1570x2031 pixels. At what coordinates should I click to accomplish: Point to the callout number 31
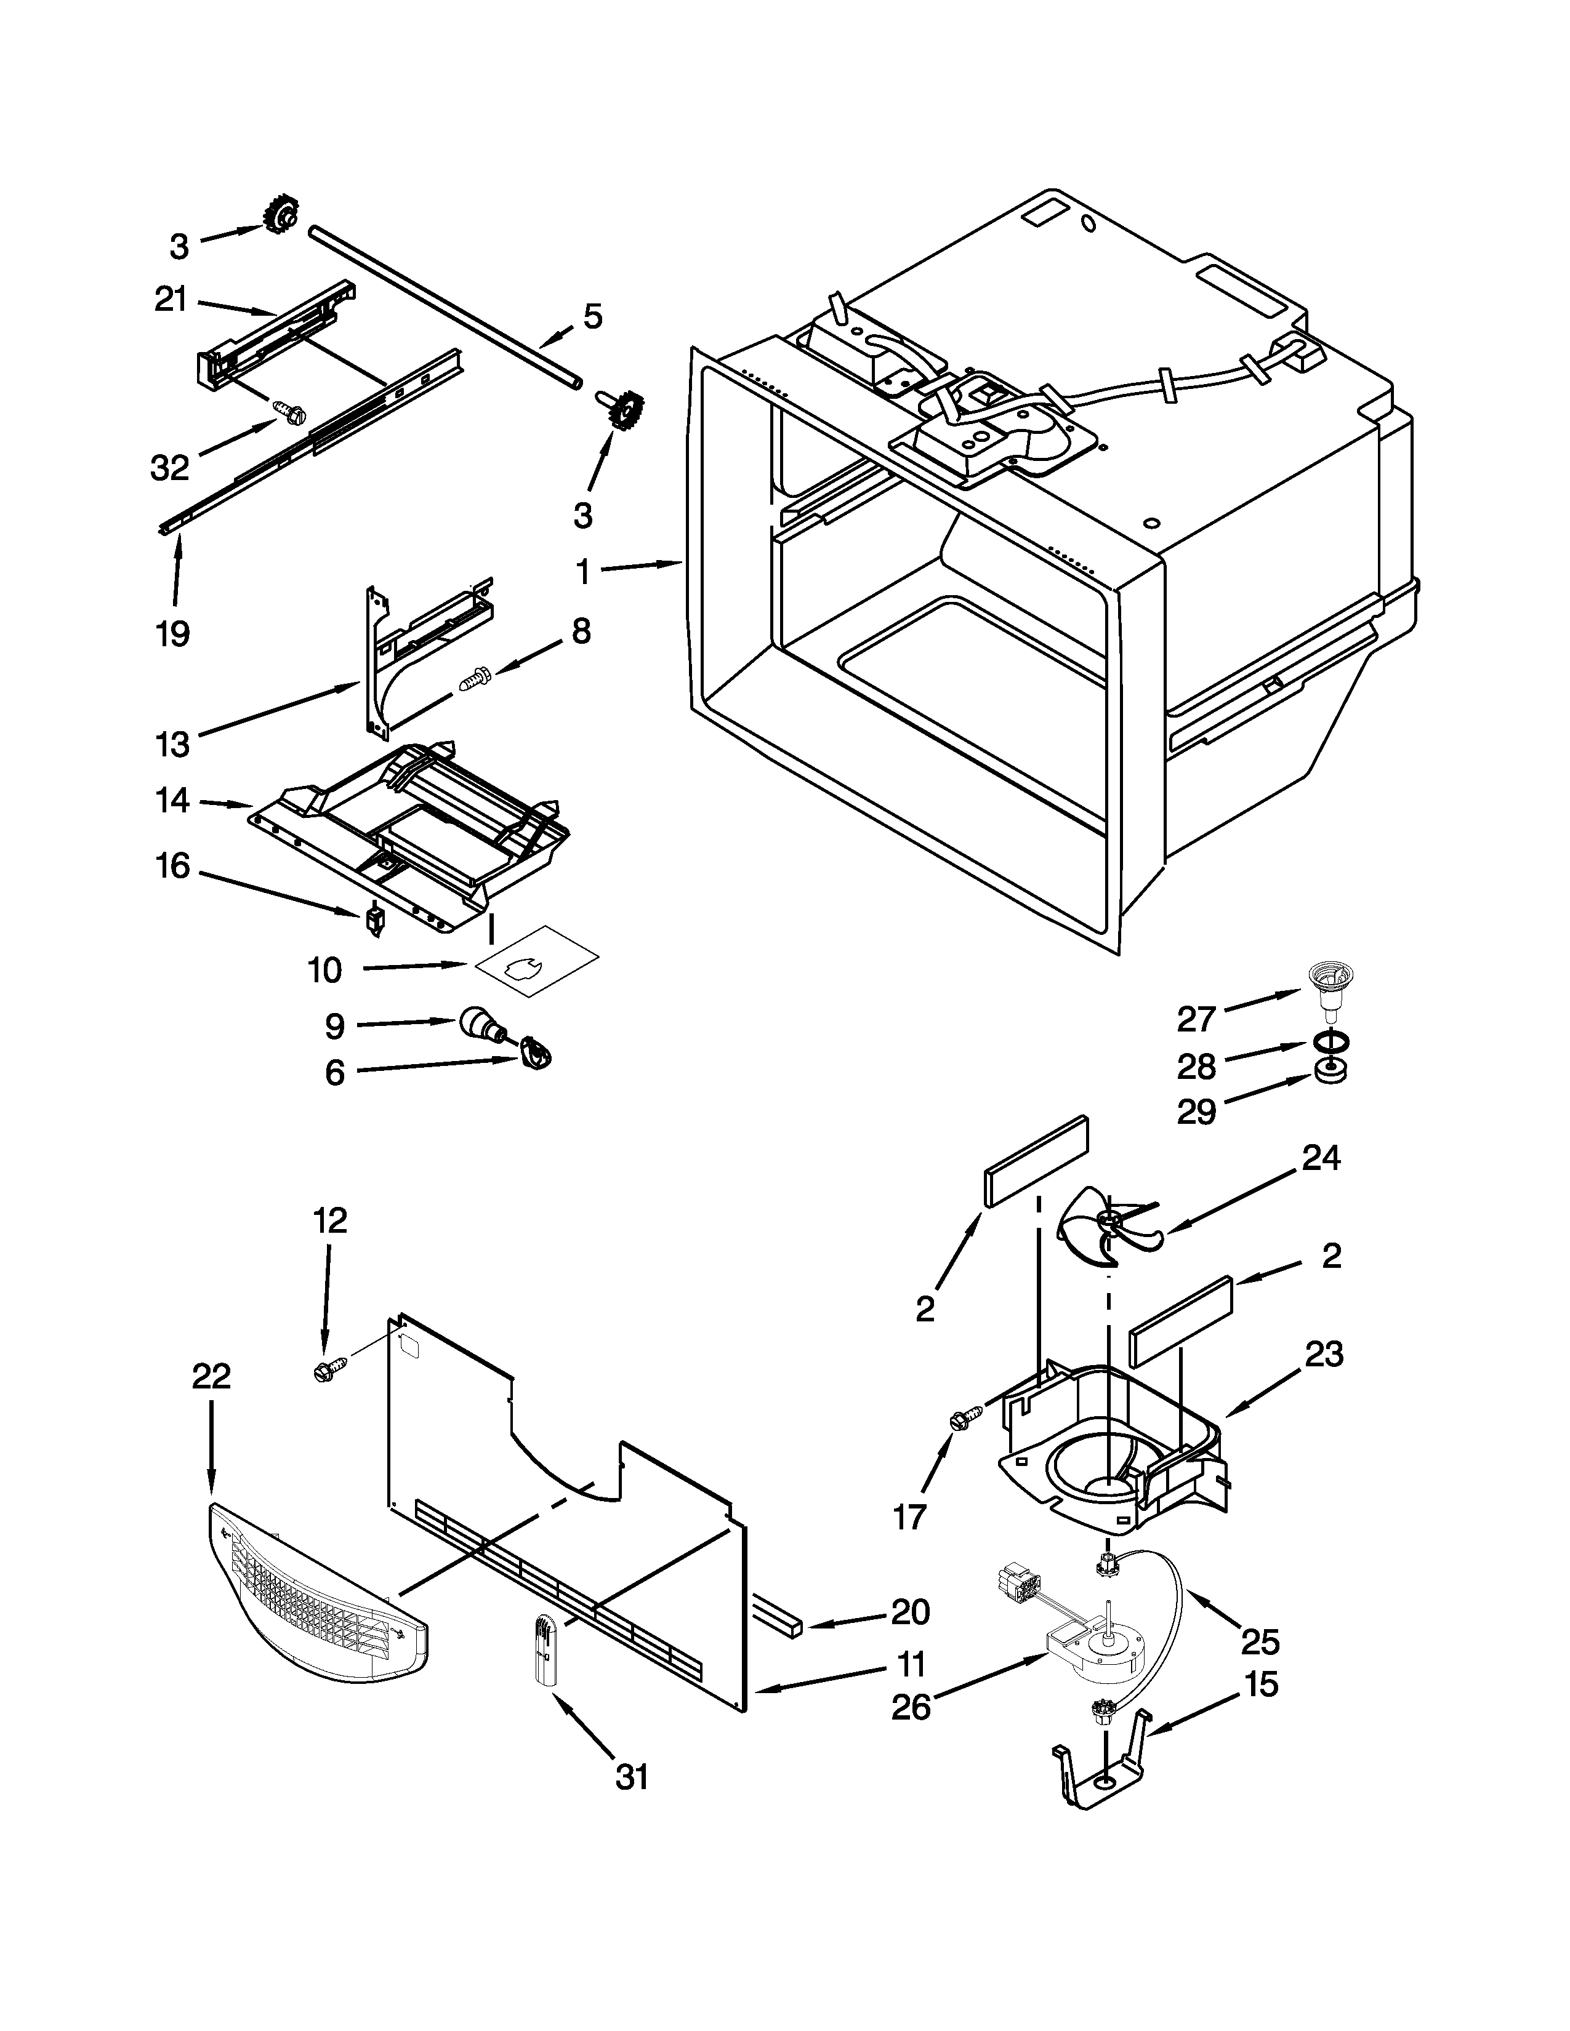pyautogui.click(x=632, y=1777)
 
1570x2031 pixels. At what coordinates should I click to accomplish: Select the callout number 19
pyautogui.click(x=173, y=634)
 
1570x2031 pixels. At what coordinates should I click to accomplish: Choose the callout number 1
pyautogui.click(x=583, y=572)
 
